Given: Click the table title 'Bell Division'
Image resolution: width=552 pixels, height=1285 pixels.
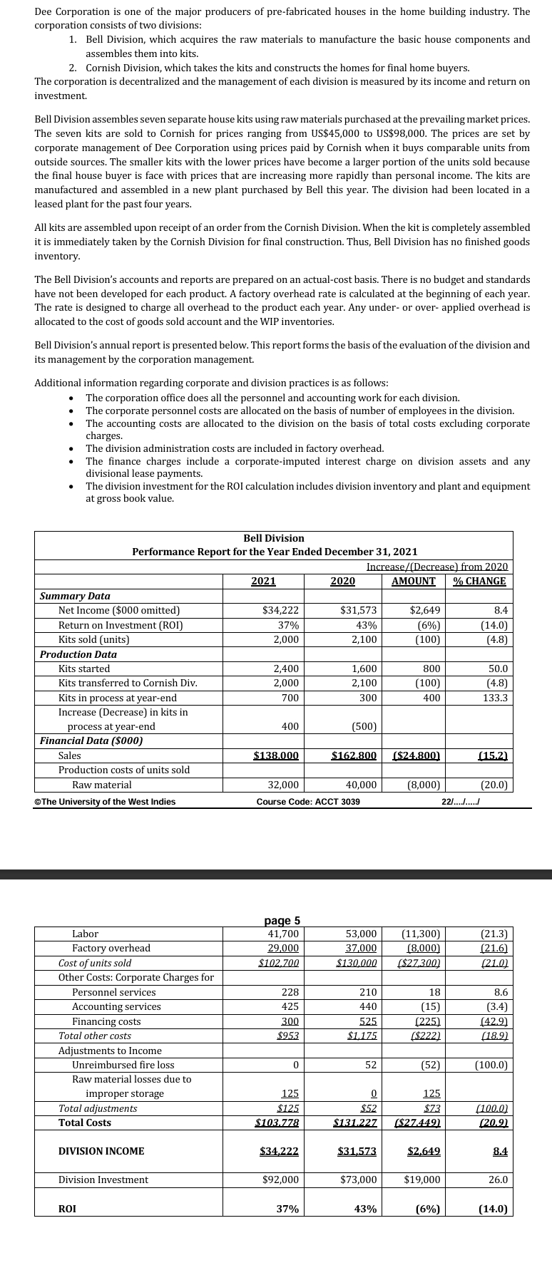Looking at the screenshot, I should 274,538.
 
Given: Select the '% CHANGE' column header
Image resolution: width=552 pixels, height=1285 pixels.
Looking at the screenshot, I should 479,581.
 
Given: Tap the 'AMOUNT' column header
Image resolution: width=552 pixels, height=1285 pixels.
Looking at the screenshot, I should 414,581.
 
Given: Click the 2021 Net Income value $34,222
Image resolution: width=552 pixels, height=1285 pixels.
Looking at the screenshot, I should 280,610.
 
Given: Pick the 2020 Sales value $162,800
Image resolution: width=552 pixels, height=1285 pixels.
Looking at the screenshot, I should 354,755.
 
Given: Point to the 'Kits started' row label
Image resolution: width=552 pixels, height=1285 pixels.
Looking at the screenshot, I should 84,669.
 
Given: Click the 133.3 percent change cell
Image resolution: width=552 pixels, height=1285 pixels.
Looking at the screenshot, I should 495,698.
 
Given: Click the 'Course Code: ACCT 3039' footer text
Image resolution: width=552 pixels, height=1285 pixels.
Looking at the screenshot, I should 308,802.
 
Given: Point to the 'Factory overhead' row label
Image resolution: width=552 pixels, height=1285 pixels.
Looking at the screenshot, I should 111,948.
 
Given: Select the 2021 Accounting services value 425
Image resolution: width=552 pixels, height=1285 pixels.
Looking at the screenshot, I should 289,1006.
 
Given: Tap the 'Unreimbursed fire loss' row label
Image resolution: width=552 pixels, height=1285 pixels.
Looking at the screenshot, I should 123,1065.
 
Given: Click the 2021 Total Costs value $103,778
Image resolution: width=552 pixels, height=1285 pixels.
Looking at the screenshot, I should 277,1123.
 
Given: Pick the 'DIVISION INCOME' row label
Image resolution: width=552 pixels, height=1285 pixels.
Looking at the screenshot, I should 101,1151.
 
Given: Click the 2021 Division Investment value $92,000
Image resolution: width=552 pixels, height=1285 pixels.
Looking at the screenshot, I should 280,1180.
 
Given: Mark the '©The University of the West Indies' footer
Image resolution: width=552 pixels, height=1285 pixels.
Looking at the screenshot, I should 105,802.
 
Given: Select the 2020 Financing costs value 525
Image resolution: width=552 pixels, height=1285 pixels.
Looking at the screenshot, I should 367,1021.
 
